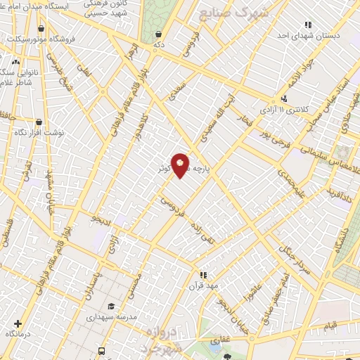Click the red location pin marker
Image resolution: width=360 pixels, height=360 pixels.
[x=180, y=165]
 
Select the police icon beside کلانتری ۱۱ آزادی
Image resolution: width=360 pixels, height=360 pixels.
[x=283, y=98]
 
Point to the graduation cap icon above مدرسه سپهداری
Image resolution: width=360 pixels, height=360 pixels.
[x=112, y=306]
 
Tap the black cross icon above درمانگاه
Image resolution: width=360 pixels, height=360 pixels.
[x=18, y=323]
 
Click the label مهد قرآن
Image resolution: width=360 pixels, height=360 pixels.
[x=203, y=286]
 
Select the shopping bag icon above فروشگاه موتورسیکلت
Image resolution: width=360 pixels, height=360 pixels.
[x=41, y=28]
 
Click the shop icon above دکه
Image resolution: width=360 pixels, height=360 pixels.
[x=160, y=33]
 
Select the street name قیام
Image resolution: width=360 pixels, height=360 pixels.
[x=330, y=326]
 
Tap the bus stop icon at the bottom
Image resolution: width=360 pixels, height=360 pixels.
[x=102, y=350]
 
